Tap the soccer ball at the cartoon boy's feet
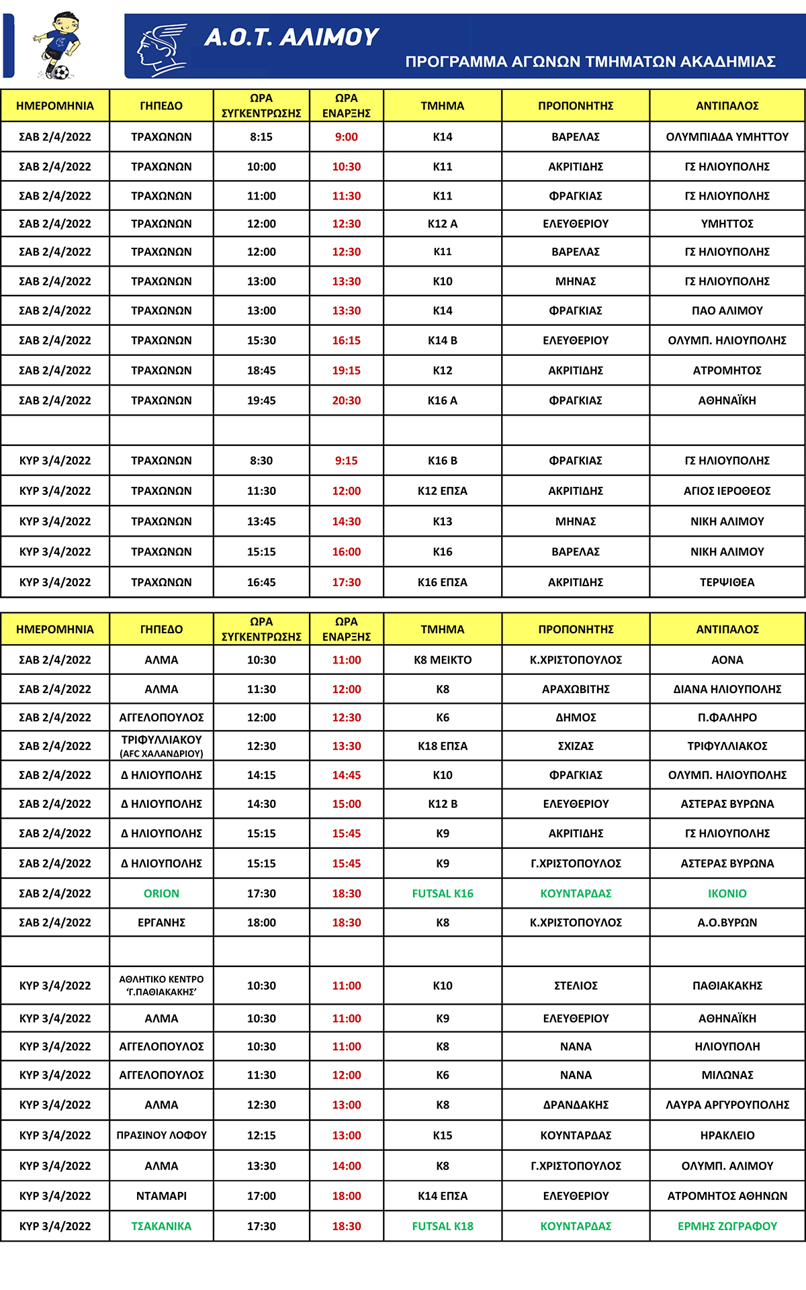point(61,71)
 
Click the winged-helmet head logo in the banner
point(161,49)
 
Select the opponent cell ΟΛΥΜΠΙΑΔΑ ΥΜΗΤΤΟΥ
point(727,137)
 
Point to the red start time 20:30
point(346,401)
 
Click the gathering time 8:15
point(261,137)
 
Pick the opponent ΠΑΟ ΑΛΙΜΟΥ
point(727,311)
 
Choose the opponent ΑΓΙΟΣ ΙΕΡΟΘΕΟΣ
point(727,491)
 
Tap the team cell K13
point(442,521)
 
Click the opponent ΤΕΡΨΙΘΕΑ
point(727,582)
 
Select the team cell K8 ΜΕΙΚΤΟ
point(442,660)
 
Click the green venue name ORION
point(161,894)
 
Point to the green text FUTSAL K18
point(442,1226)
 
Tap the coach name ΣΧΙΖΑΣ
point(576,746)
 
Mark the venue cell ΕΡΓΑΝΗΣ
point(161,923)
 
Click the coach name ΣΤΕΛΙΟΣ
point(576,986)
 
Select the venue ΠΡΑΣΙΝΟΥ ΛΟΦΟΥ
point(161,1136)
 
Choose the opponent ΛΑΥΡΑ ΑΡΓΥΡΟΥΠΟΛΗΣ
point(727,1105)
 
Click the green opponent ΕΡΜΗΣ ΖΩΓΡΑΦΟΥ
point(727,1226)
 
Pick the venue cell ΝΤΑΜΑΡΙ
point(161,1196)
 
